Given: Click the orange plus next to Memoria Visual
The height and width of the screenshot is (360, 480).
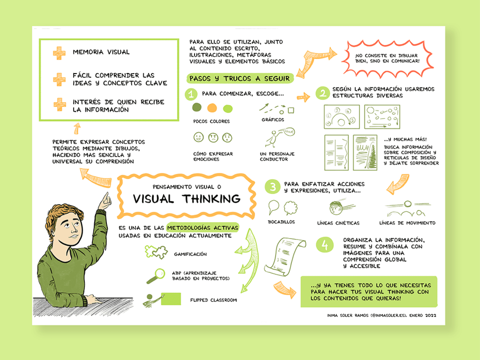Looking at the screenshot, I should pyautogui.click(x=59, y=53).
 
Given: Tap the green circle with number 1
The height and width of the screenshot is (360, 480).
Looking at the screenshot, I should pyautogui.click(x=191, y=94).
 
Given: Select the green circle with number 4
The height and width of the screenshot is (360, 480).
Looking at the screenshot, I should pyautogui.click(x=325, y=245).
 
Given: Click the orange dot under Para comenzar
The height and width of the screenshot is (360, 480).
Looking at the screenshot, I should pyautogui.click(x=212, y=108).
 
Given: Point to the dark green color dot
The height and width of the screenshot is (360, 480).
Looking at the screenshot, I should pyautogui.click(x=197, y=107).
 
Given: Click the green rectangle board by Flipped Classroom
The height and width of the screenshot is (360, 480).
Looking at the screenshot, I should pyautogui.click(x=171, y=299).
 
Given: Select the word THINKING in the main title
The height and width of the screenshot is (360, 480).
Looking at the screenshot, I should pyautogui.click(x=212, y=199).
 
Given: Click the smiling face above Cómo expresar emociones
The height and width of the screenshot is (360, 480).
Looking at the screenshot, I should pyautogui.click(x=198, y=137).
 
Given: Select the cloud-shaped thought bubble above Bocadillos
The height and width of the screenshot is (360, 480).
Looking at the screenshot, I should pyautogui.click(x=291, y=207).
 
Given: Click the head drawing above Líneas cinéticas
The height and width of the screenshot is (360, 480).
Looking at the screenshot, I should pyautogui.click(x=336, y=208).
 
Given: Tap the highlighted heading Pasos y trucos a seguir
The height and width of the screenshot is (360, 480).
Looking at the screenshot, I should pyautogui.click(x=240, y=78).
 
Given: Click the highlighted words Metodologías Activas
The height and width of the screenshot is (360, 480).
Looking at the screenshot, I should pyautogui.click(x=202, y=228).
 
